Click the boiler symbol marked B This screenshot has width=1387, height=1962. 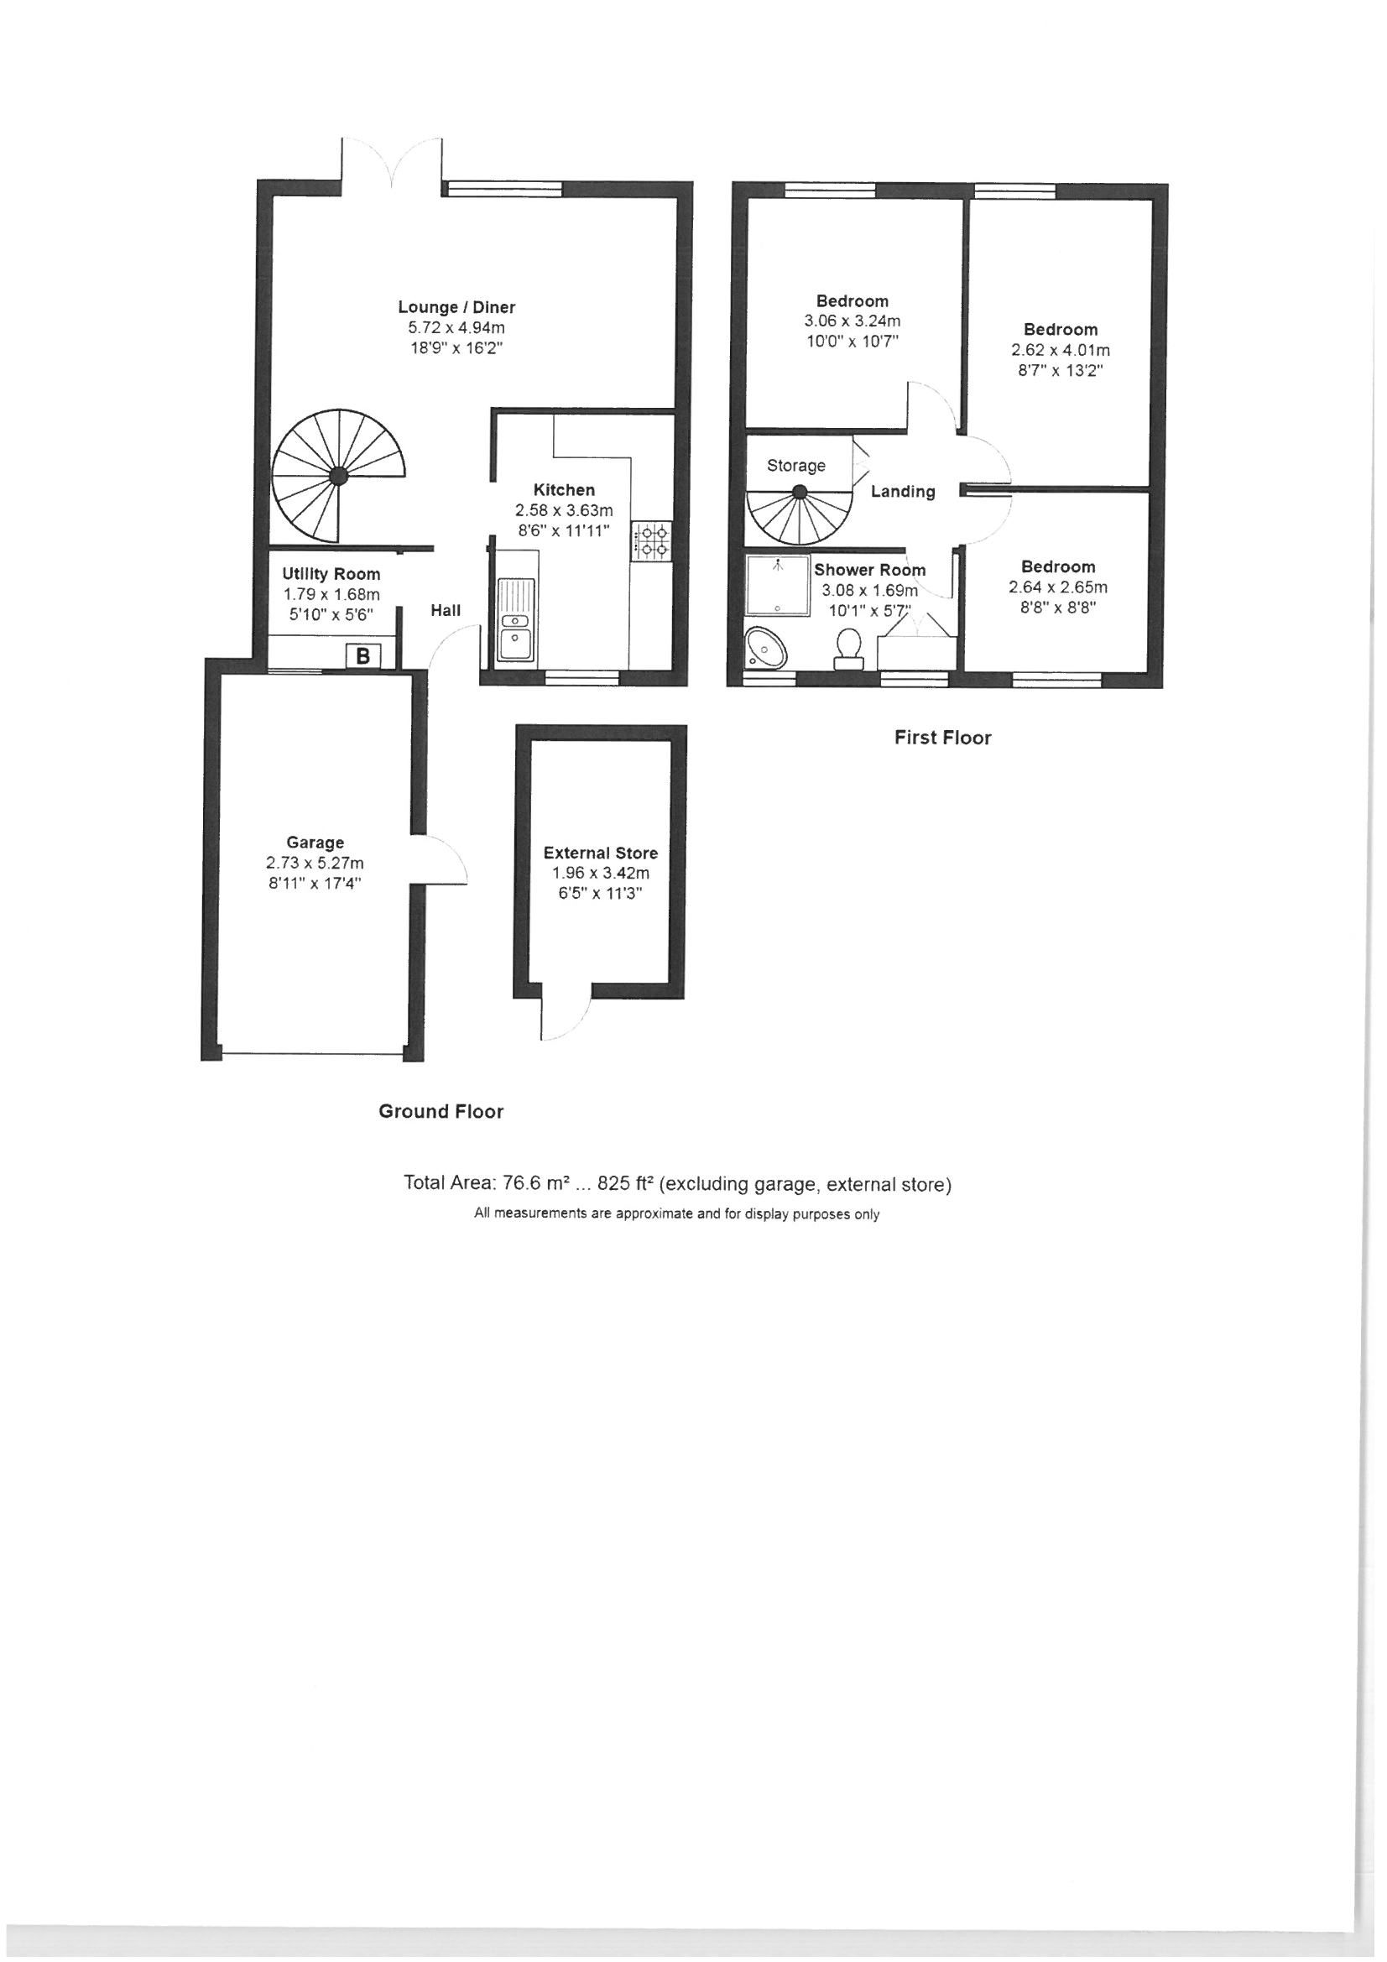pos(362,656)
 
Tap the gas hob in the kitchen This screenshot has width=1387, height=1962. pos(651,542)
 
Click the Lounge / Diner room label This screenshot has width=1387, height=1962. pos(456,308)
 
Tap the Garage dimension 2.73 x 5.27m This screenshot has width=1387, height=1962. pos(315,864)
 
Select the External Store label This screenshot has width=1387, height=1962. pos(601,853)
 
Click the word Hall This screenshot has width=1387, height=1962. pos(446,610)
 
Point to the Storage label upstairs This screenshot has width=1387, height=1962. pos(795,466)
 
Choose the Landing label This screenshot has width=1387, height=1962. pos(903,492)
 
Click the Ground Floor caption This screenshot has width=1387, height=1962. pos(441,1112)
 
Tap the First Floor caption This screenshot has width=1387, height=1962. pos(942,738)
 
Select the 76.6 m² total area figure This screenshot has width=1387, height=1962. pos(524,1184)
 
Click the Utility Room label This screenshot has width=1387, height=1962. pos(331,574)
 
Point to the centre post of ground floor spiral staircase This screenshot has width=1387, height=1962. pos(339,475)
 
